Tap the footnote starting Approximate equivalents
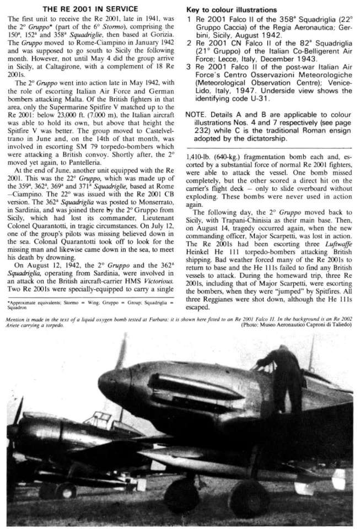[88, 305]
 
